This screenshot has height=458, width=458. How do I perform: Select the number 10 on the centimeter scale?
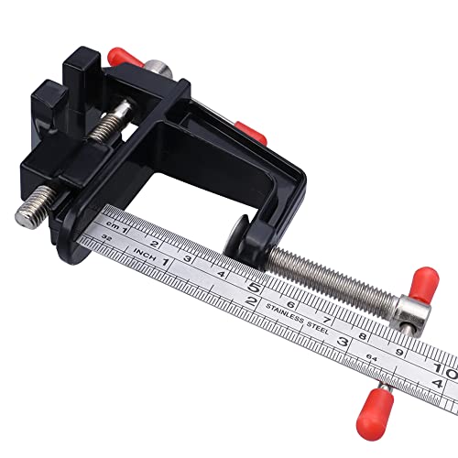click(443, 364)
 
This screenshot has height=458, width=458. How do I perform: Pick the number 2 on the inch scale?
click(251, 301)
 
